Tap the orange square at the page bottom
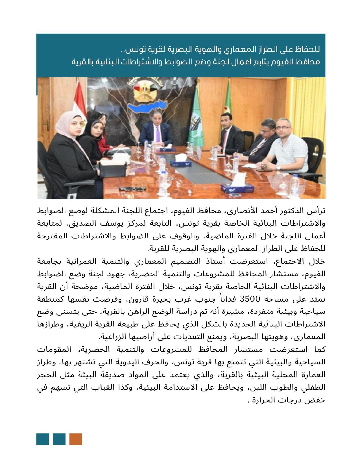tap(76, 439)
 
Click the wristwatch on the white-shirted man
tap(278, 167)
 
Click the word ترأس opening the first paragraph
tap(317, 211)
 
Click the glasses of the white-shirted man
tap(283, 127)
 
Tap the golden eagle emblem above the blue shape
tap(144, 90)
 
